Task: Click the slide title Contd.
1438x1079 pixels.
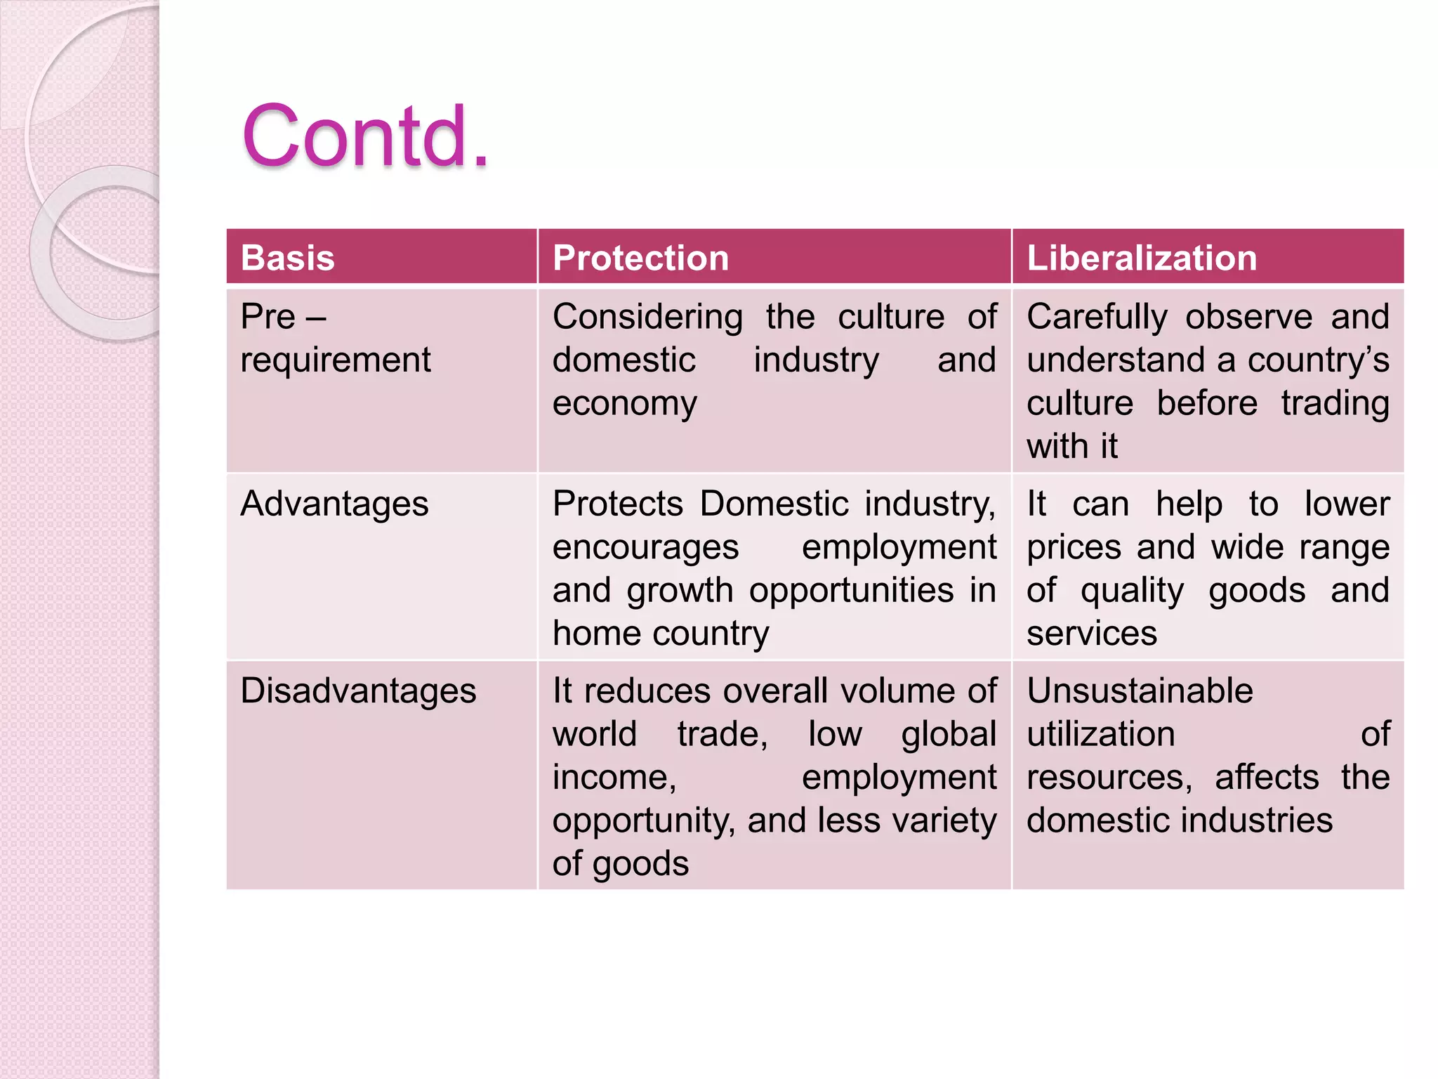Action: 364,136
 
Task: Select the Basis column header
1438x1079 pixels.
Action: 288,258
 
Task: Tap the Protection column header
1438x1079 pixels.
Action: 640,258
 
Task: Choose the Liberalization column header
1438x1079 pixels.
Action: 1142,258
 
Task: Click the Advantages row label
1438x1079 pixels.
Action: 334,504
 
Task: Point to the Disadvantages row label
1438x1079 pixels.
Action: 358,691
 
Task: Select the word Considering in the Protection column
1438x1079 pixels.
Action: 647,318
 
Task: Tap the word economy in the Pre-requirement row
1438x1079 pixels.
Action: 624,404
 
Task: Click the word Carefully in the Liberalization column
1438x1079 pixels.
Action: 1096,318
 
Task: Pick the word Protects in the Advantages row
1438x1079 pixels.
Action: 617,504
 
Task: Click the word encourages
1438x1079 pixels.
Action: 645,547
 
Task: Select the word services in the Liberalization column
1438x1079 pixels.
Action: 1091,634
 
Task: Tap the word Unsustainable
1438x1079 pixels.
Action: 1140,691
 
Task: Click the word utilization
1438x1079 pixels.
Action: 1100,735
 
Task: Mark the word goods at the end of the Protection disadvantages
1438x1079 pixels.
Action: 640,864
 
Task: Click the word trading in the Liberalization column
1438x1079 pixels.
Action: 1335,404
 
